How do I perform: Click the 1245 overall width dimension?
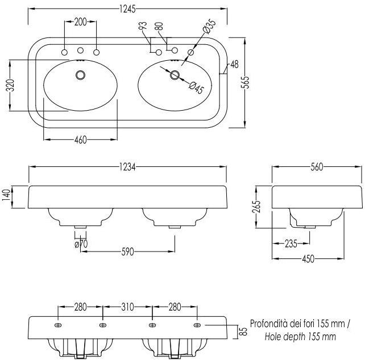pyautogui.click(x=128, y=7)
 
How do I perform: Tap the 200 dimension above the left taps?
pyautogui.click(x=80, y=22)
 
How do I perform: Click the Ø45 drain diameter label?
pyautogui.click(x=195, y=88)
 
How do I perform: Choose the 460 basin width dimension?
pyautogui.click(x=80, y=140)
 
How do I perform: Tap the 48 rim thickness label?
pyautogui.click(x=234, y=65)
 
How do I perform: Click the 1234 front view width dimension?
pyautogui.click(x=128, y=167)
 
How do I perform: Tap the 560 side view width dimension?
pyautogui.click(x=317, y=167)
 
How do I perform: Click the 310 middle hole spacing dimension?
pyautogui.click(x=127, y=307)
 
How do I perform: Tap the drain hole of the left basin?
pyautogui.click(x=80, y=74)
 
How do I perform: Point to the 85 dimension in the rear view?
pyautogui.click(x=243, y=332)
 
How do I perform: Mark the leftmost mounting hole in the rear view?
pyautogui.click(x=58, y=325)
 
